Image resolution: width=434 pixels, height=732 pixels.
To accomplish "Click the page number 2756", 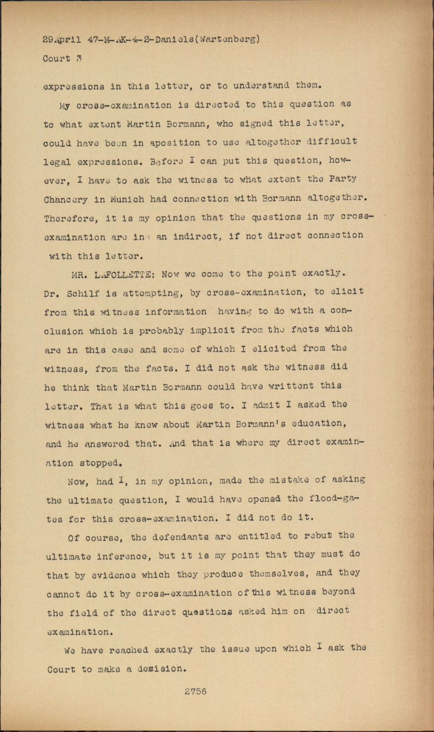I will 195,691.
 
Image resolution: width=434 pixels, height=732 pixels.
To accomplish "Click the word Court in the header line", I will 57,59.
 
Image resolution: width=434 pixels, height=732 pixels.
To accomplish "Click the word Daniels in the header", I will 174,39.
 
